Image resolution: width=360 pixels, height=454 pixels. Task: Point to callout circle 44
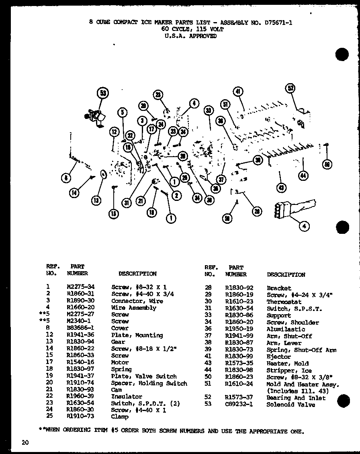click(x=303, y=175)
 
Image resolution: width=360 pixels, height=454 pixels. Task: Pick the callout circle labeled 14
click(x=74, y=192)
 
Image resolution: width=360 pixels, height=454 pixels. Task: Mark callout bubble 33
click(x=208, y=111)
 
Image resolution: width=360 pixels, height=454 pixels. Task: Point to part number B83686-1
click(x=81, y=328)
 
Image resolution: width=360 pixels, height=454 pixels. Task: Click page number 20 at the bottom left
click(x=25, y=443)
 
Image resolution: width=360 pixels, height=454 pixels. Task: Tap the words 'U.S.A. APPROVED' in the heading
click(x=190, y=36)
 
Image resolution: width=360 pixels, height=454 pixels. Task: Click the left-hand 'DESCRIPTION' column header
click(x=137, y=274)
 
